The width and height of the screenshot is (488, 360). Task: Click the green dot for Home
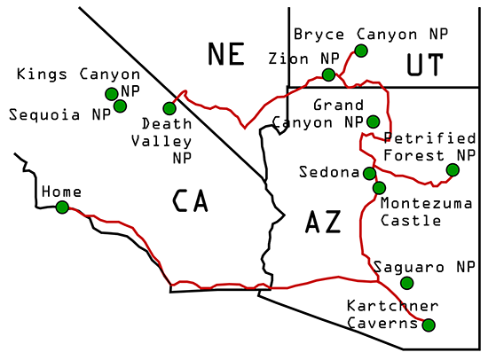click(x=62, y=207)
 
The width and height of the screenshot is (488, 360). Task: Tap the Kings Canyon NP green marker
click(x=111, y=93)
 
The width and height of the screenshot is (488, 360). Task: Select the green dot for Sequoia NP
click(x=120, y=106)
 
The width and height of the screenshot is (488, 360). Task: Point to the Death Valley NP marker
click(x=169, y=108)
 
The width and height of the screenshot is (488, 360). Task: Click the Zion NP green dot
click(x=329, y=74)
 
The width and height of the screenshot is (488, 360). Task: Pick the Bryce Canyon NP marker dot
click(x=360, y=51)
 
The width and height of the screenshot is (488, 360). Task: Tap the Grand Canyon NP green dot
click(x=373, y=121)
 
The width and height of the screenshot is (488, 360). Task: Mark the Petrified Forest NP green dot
click(x=453, y=169)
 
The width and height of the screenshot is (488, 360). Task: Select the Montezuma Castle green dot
click(x=380, y=188)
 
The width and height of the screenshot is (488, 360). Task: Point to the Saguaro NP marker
click(x=406, y=283)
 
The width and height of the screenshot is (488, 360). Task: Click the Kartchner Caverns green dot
click(x=429, y=325)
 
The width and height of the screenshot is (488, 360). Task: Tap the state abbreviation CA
click(x=190, y=202)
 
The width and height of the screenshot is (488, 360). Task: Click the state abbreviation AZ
click(x=322, y=223)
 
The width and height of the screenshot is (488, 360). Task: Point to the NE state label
click(x=226, y=55)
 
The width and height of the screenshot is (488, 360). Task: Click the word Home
click(x=61, y=192)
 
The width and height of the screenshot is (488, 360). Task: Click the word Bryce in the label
click(x=315, y=35)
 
